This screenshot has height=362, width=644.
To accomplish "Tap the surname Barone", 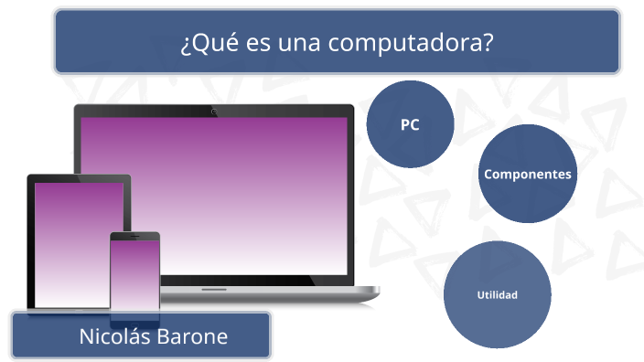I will tap(192, 336).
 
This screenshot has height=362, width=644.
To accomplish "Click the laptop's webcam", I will tap(214, 112).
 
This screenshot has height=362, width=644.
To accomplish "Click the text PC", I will tap(410, 125).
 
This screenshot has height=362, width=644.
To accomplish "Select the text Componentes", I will tap(528, 174).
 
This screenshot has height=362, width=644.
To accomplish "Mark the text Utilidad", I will tap(497, 294).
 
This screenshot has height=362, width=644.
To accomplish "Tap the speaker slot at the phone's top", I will tap(134, 237).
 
